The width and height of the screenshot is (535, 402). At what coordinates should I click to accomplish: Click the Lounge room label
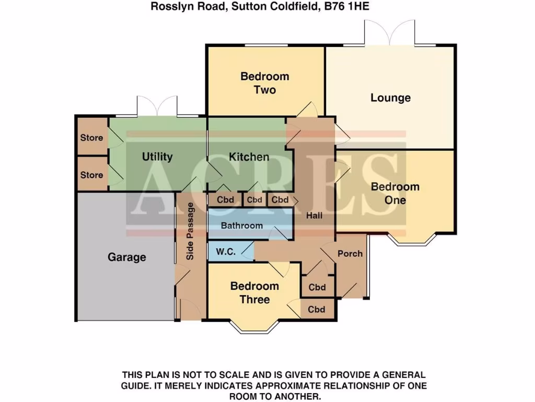[390, 98]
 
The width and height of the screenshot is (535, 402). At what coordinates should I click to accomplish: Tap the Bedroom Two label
[264, 83]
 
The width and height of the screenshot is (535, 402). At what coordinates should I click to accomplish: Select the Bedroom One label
[395, 193]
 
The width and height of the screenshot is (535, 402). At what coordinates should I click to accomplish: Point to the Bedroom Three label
[254, 293]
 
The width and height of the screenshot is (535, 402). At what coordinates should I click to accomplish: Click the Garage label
[126, 257]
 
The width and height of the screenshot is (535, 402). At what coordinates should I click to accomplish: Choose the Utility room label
[157, 157]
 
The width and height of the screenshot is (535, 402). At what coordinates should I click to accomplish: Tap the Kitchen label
[249, 157]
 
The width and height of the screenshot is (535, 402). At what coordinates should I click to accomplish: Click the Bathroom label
[241, 226]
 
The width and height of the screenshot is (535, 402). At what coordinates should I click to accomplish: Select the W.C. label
[226, 252]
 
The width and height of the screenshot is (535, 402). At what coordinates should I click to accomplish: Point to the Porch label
[350, 253]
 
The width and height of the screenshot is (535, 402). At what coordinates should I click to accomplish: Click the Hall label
[315, 215]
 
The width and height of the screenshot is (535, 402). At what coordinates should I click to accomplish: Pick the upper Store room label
[91, 138]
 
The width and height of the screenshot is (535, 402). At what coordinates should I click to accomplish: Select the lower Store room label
[91, 175]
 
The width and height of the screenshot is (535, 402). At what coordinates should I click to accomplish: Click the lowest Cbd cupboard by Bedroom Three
[317, 309]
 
